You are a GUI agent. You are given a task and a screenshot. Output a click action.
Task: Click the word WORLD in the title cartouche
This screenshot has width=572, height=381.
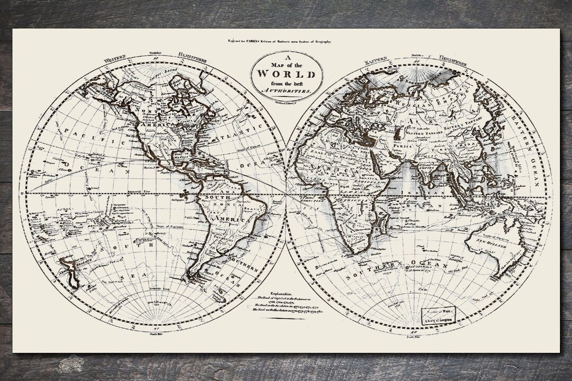[287, 74]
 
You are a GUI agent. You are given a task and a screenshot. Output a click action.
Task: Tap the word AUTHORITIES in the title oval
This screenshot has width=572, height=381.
[287, 91]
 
